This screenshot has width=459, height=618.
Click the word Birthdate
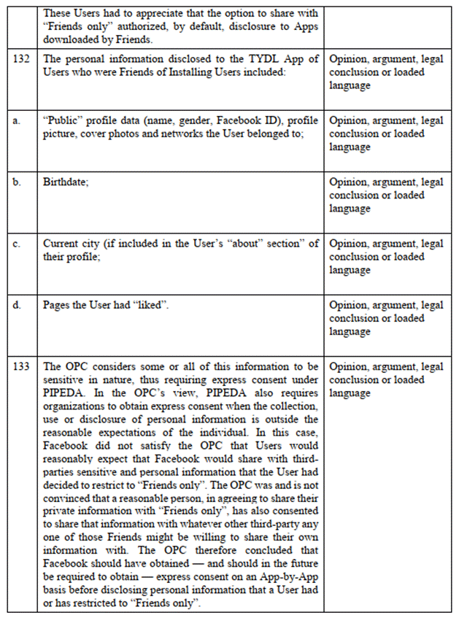click(65, 182)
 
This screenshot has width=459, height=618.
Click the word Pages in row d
click(57, 304)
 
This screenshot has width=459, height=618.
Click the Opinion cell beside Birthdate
click(386, 195)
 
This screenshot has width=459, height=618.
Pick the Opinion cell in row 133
click(386, 379)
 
